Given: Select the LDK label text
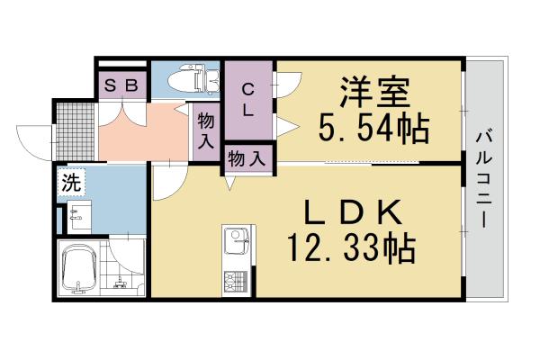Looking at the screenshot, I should click(x=350, y=212).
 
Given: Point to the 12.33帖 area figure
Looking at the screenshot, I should click(x=350, y=246).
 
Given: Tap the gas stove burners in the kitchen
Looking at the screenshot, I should click(x=236, y=282).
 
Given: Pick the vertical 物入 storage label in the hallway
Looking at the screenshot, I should click(x=206, y=130).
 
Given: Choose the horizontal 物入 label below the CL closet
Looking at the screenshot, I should click(x=247, y=158).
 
